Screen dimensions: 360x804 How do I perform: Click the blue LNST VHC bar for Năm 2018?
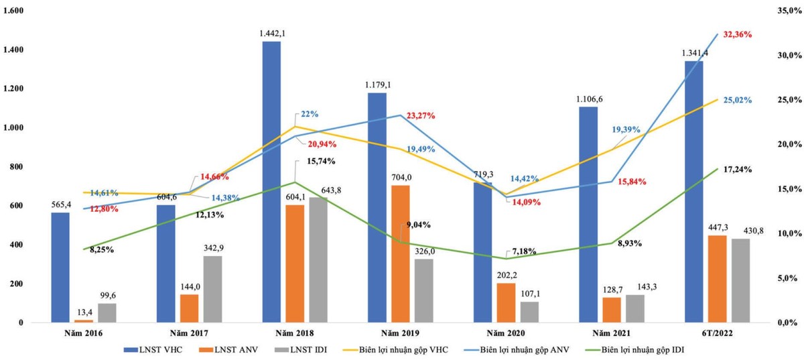click(x=271, y=182)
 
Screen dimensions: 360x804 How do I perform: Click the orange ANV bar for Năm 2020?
click(x=506, y=302)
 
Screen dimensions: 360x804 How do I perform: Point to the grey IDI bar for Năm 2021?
click(x=635, y=308)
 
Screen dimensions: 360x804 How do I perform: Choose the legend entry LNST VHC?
click(x=155, y=350)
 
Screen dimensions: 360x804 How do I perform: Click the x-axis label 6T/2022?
click(x=712, y=333)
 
